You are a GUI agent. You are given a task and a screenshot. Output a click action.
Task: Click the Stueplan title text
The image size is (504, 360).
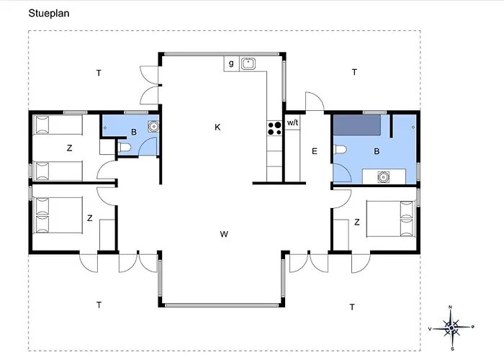click(49, 14)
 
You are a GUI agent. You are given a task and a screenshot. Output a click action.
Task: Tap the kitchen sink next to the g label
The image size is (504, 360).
click(248, 63)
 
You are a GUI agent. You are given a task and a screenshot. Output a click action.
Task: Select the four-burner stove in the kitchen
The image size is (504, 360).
click(274, 128)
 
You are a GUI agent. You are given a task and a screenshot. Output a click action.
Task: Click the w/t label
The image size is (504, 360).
click(292, 122)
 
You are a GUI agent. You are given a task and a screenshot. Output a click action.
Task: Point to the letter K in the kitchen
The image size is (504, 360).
click(217, 127)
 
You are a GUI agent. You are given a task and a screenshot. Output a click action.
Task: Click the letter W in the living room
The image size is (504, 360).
click(224, 234)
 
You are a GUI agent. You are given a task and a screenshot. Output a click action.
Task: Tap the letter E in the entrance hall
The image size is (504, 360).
click(315, 151)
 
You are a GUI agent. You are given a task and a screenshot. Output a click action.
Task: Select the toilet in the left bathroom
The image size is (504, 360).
click(125, 148)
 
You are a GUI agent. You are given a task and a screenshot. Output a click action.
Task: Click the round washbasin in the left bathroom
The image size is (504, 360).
click(153, 126)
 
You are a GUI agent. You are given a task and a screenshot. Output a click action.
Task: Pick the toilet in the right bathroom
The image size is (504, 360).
click(340, 150)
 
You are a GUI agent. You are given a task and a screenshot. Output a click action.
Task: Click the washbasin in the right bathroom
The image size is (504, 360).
click(383, 176)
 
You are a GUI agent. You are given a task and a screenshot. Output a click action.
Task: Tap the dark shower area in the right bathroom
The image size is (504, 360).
click(357, 125)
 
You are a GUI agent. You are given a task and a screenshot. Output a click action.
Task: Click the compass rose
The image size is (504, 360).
click(451, 328)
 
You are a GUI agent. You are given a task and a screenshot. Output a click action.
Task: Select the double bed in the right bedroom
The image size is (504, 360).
click(390, 219)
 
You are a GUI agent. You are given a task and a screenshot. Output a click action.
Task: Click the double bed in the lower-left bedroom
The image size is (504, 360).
click(58, 215)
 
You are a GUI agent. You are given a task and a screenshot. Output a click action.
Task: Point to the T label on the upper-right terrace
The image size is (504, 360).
click(354, 72)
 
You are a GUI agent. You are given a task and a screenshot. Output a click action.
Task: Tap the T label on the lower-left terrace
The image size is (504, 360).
click(99, 305)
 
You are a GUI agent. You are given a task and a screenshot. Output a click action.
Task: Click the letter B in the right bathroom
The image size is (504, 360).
click(377, 151)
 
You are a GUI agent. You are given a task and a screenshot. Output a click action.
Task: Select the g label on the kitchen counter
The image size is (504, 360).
click(231, 63)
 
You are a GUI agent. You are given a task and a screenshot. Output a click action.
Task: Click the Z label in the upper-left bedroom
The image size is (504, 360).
click(69, 148)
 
